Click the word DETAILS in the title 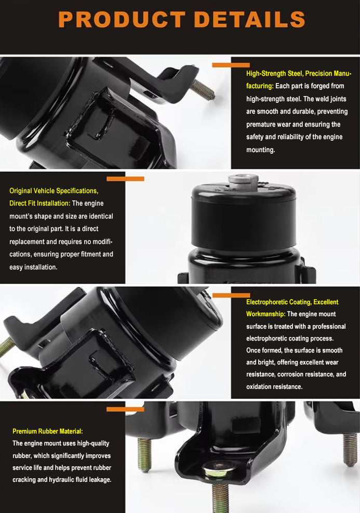(250, 19)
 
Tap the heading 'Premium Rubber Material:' (48, 431)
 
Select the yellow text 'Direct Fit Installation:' (40, 203)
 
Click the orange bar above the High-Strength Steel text (231, 65)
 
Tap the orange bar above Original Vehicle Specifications (125, 179)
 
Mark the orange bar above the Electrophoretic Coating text (231, 295)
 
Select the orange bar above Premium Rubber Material (125, 409)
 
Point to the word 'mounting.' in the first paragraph (260, 150)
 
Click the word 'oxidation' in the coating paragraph (260, 387)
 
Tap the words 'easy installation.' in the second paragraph (33, 267)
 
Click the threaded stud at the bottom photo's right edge (350, 448)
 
